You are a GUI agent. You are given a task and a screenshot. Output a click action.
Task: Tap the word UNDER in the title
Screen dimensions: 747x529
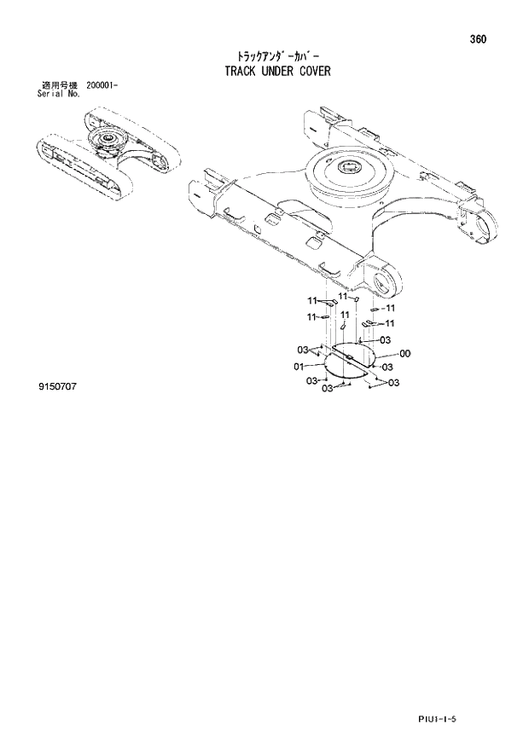click(x=277, y=71)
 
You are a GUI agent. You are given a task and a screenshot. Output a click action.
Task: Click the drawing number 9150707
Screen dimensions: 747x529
click(x=57, y=387)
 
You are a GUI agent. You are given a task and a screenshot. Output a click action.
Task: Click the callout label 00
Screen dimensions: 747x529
click(x=404, y=354)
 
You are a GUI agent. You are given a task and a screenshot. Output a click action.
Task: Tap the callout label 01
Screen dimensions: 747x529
click(x=299, y=367)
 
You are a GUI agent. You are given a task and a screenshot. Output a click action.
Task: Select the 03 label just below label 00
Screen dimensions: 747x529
click(x=387, y=368)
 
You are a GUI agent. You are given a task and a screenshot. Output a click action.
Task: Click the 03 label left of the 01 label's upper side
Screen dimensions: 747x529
click(x=303, y=350)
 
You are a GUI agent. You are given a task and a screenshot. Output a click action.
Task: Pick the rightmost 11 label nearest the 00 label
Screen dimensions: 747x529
click(x=389, y=324)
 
